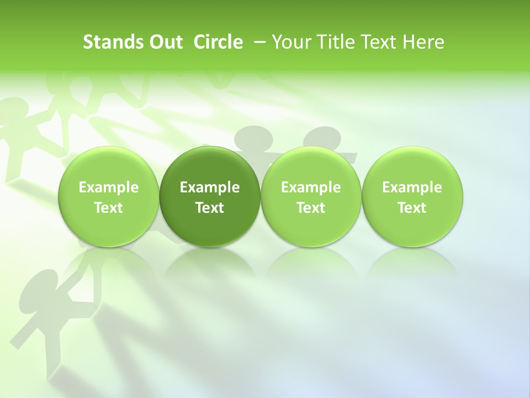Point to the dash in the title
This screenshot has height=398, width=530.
click(x=257, y=42)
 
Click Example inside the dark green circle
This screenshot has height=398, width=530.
click(x=210, y=188)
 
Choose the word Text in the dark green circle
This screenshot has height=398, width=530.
click(x=210, y=208)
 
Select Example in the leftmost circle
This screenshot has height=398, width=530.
click(x=109, y=188)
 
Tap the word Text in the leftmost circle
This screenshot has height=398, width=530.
click(x=109, y=208)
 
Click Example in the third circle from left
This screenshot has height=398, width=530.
click(x=311, y=188)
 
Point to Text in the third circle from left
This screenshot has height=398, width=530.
click(x=311, y=208)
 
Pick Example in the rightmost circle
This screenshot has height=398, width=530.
click(x=412, y=188)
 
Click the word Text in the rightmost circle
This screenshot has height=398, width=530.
click(x=412, y=208)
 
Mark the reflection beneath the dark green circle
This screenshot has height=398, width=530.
click(x=210, y=263)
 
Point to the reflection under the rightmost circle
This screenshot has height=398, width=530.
click(x=412, y=263)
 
